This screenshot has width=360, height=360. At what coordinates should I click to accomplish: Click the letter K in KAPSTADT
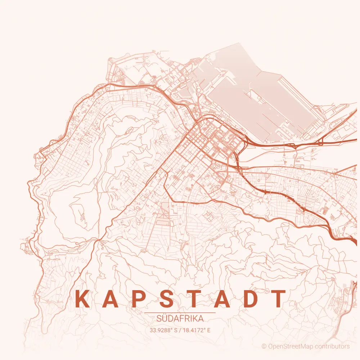[x=82, y=299]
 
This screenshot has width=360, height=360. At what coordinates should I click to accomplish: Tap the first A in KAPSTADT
[x=111, y=299]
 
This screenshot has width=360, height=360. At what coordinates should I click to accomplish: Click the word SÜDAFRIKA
[x=180, y=319]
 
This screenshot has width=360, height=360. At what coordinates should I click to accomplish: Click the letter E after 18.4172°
[x=208, y=330]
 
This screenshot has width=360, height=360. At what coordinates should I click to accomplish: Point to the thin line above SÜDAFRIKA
[x=180, y=313]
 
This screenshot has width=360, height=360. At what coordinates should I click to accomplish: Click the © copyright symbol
[x=264, y=347]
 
